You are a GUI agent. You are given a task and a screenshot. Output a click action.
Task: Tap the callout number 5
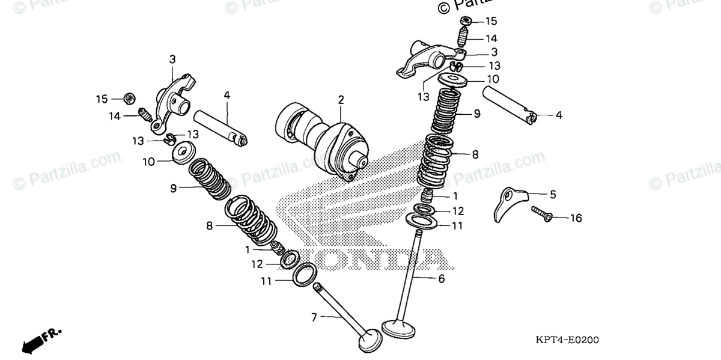[553, 194]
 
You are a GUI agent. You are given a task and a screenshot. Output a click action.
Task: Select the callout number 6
[441, 279]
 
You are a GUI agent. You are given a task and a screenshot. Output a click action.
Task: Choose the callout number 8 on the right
[475, 154]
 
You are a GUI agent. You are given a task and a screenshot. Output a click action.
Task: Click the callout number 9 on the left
[173, 188]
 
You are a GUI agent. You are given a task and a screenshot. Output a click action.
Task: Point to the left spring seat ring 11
[306, 274]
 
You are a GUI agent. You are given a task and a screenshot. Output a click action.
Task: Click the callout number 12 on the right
[458, 211]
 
